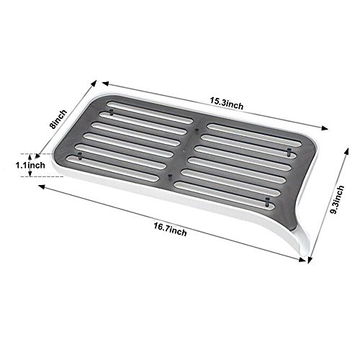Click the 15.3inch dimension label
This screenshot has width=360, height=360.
[x=227, y=103]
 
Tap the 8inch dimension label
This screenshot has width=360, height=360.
[x=58, y=120]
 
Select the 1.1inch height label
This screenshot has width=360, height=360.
[x=30, y=165]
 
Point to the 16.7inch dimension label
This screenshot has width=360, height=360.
[x=170, y=229]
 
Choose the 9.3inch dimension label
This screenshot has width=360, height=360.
[x=337, y=199]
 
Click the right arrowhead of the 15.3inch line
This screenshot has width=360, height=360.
[x=325, y=128]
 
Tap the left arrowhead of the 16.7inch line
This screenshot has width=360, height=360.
[x=42, y=186]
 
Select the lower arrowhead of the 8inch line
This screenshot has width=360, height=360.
[x=37, y=156]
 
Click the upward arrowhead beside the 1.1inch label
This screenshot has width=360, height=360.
[x=30, y=157]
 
